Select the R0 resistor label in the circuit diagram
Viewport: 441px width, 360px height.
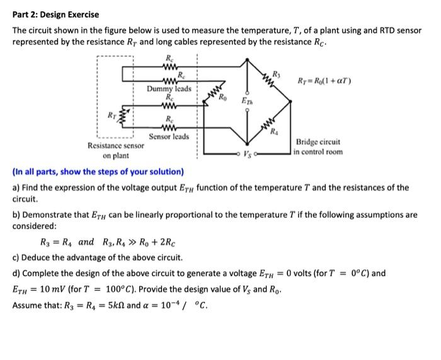pyautogui.click(x=223, y=96)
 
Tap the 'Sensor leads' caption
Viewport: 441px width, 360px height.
pyautogui.click(x=169, y=137)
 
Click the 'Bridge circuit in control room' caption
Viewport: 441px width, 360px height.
pyautogui.click(x=319, y=147)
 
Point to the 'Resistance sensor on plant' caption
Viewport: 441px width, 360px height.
pyautogui.click(x=115, y=150)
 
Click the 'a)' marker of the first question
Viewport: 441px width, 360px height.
pyautogui.click(x=16, y=187)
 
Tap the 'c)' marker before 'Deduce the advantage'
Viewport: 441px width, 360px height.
pyautogui.click(x=16, y=257)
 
